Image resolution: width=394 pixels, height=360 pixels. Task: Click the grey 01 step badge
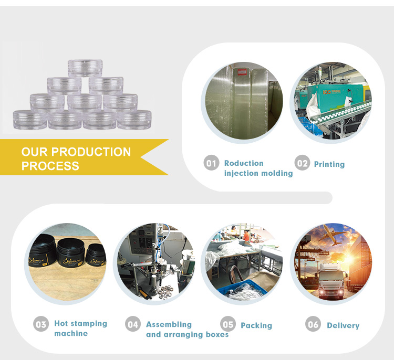(x=211, y=163)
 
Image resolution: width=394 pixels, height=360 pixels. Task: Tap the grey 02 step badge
(x=302, y=163)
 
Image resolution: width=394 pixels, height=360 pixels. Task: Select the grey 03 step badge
(x=41, y=324)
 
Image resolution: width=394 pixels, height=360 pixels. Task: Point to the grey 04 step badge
(x=133, y=324)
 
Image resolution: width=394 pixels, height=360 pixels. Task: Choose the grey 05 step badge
(x=228, y=324)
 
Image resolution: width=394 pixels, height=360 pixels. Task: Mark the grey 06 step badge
(x=313, y=324)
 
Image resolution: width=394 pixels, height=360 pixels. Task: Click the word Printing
(x=329, y=164)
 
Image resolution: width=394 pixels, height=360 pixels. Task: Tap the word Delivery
(x=343, y=325)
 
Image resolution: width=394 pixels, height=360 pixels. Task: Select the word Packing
(x=256, y=325)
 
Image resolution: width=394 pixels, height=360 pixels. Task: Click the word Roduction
(x=244, y=163)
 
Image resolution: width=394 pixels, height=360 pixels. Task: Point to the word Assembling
(x=169, y=324)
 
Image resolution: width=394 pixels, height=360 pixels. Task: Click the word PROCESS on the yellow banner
(x=50, y=166)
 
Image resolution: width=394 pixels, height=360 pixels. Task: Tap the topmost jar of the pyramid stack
(x=85, y=68)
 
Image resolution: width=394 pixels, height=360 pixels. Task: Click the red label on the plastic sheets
(x=242, y=72)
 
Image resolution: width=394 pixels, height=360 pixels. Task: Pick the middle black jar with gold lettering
(x=70, y=252)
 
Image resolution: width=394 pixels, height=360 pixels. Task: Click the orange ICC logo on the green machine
(x=327, y=92)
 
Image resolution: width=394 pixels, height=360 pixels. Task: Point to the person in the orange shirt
(x=246, y=235)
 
